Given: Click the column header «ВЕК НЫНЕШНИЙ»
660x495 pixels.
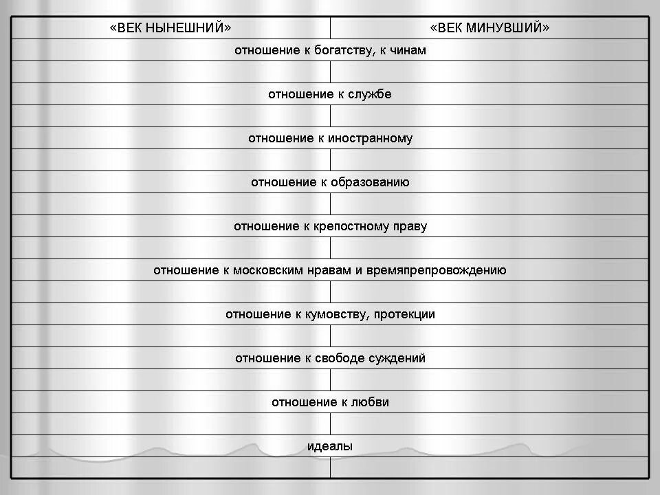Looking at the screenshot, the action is click(x=170, y=28).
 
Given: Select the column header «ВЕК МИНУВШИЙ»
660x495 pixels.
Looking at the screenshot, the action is click(x=489, y=28).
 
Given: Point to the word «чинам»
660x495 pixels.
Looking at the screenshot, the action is click(x=407, y=50).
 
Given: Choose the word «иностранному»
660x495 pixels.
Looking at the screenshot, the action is click(x=372, y=138).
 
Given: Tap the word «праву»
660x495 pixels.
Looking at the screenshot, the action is click(x=410, y=226).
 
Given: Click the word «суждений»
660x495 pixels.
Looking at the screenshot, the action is click(x=397, y=358).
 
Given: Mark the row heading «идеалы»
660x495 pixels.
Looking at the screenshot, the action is click(x=330, y=446).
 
